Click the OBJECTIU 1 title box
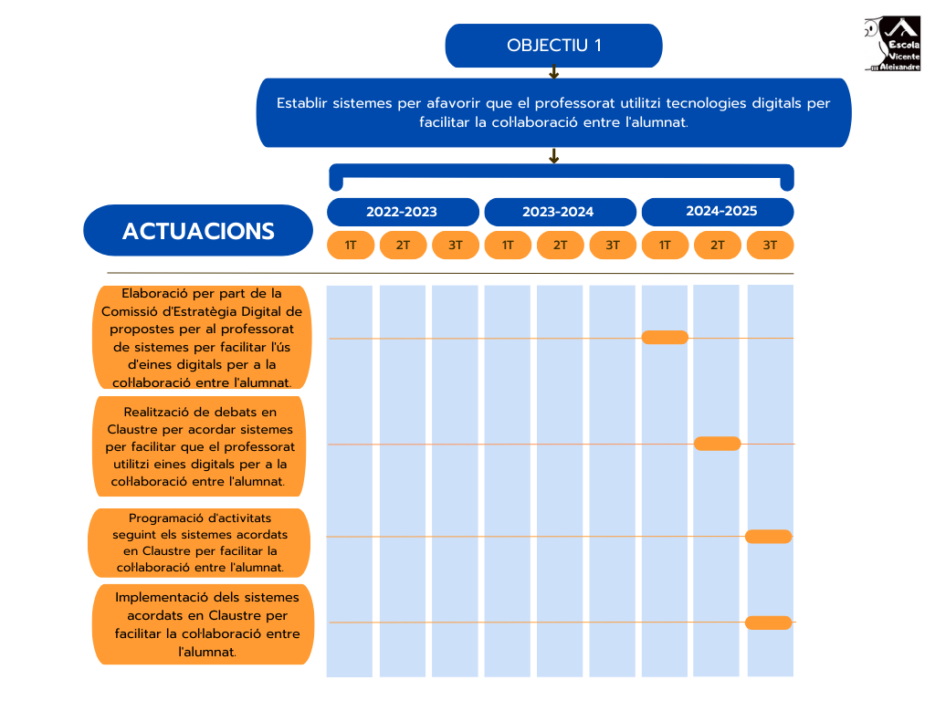[553, 46]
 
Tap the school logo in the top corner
[892, 44]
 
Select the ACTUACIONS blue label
[198, 231]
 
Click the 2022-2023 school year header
[402, 212]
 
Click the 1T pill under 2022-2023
[351, 245]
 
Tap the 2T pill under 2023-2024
[560, 245]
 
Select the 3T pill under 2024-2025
[770, 245]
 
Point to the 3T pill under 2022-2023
[456, 245]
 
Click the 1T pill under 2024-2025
[665, 245]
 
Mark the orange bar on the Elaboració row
[665, 338]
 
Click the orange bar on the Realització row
[717, 444]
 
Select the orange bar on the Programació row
[769, 537]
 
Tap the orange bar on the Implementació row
[769, 623]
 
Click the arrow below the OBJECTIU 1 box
[553, 73]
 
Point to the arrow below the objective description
[553, 156]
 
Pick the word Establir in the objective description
[301, 103]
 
